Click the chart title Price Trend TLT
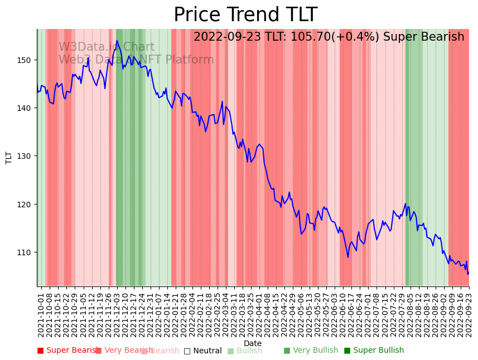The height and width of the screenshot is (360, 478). (x=245, y=15)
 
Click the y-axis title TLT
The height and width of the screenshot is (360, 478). (x=9, y=158)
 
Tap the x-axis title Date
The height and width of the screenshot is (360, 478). (x=253, y=343)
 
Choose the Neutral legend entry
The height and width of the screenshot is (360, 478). (x=203, y=351)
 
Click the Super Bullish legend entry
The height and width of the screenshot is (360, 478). (x=374, y=351)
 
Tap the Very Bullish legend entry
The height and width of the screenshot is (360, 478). (x=311, y=351)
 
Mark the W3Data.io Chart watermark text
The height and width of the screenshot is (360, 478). (x=107, y=47)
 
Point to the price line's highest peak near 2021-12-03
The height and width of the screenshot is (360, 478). (x=117, y=41)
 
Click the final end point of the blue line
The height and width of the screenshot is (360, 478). (x=469, y=273)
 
